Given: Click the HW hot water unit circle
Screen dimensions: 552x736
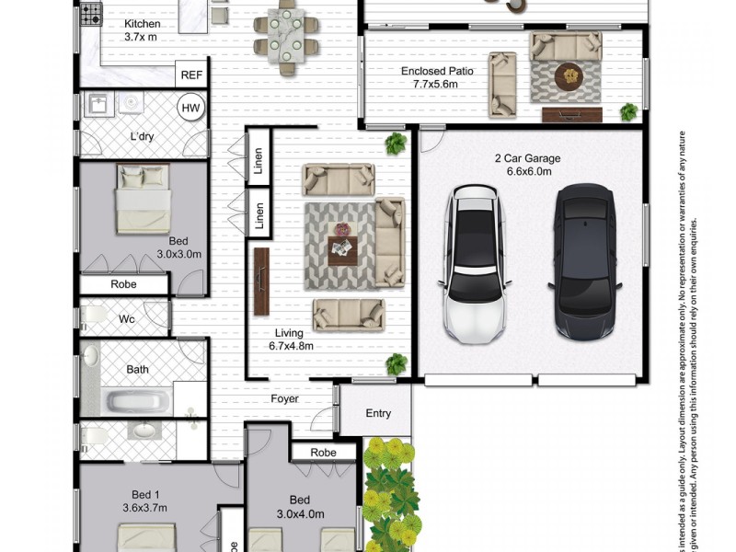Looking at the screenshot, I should click(x=190, y=109).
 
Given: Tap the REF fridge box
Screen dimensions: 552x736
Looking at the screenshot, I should click(x=191, y=75).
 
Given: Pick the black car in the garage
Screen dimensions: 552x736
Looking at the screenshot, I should click(x=581, y=260).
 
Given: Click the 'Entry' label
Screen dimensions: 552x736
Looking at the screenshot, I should click(x=378, y=413).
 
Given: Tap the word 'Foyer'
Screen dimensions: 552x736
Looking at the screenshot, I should click(x=284, y=399).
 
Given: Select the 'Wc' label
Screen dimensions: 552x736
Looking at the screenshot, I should click(x=126, y=319).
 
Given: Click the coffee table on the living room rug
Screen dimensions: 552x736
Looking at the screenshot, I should click(x=341, y=247).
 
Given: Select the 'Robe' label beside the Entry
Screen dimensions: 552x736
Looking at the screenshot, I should click(x=323, y=453).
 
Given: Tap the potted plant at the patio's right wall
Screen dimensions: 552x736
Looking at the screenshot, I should click(x=629, y=112).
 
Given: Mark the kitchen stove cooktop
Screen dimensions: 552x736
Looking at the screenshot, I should click(x=90, y=14).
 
